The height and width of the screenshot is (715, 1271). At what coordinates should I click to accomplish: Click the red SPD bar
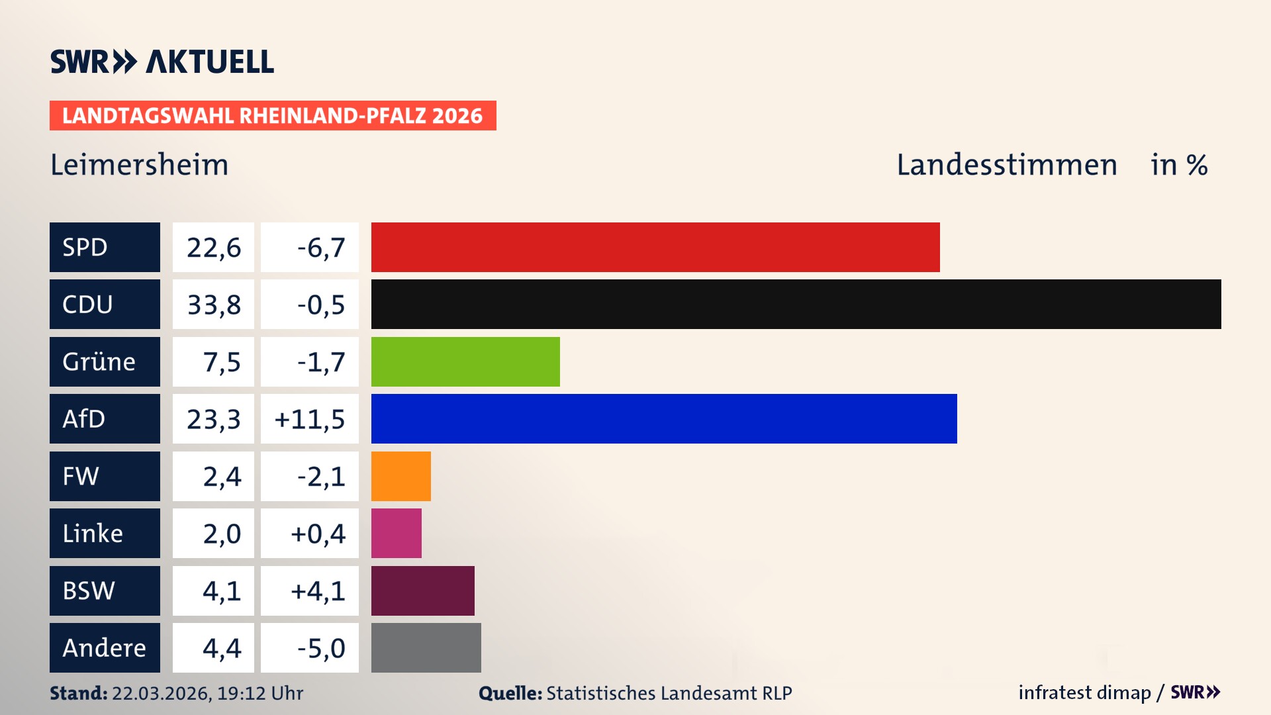coord(655,247)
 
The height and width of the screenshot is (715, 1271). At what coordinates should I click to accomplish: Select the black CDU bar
coord(796,304)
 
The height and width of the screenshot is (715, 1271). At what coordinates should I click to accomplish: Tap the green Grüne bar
coord(465,361)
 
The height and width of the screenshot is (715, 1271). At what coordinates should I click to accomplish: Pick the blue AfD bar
coord(664,418)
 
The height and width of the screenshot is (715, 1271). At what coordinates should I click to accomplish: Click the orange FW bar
coord(400,476)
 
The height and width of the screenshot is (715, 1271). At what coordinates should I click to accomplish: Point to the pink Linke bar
coord(396,533)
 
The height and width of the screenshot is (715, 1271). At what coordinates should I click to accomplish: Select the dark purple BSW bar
coord(422,591)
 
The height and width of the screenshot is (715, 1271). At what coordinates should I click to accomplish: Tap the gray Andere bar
coord(426,647)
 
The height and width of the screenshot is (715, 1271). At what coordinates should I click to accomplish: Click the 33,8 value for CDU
coord(213,305)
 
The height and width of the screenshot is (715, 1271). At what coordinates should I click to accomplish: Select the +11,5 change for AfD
coord(309,419)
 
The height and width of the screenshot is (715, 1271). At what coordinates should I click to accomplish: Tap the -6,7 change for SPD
coord(320,248)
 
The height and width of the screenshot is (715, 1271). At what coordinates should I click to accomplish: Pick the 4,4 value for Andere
coord(221,648)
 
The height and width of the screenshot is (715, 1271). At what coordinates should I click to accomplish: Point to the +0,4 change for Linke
coord(318,534)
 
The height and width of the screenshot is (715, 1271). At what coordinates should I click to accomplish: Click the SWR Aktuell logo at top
coord(162,62)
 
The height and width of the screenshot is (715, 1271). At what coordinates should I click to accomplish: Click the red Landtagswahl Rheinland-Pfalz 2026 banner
coord(272,116)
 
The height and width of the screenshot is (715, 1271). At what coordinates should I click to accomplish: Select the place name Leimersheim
coord(139,165)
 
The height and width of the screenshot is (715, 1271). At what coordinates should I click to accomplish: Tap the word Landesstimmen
coord(1006,165)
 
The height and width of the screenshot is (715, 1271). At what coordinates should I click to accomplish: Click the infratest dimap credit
coord(1084,692)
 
